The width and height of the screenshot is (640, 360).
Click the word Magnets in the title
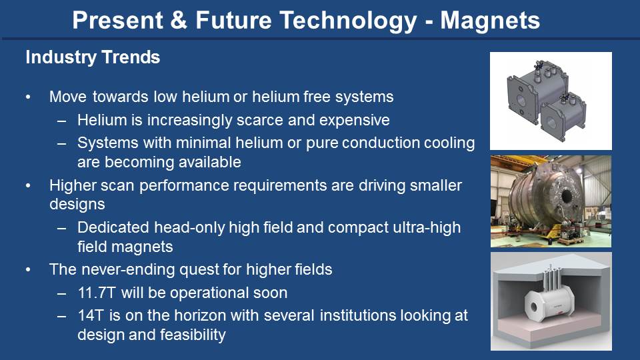point(490,21)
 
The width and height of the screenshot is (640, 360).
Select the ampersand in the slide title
point(179,21)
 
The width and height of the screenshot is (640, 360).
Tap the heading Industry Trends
point(93,57)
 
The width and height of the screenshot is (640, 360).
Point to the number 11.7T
point(97,293)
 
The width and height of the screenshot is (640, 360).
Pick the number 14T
point(91,315)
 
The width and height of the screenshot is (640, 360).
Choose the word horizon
point(201,315)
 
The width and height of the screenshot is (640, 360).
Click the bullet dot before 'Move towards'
point(28,97)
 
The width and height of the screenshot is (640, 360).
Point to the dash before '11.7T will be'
point(61,293)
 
